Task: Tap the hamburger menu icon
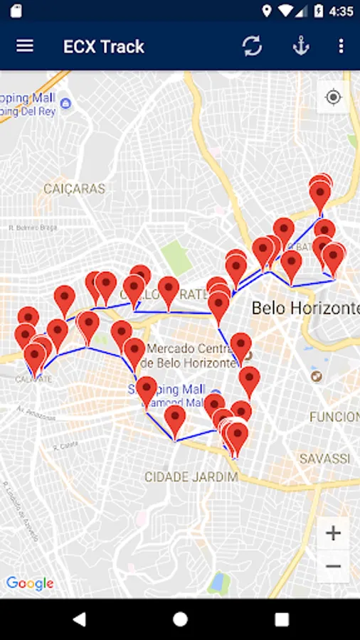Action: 25,46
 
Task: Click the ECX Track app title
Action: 104,47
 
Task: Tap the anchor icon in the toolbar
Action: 302,46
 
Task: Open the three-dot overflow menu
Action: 341,46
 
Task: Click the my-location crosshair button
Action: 333,97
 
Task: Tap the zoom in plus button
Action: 333,533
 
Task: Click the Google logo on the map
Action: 30,584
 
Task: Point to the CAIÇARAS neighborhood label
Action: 74,189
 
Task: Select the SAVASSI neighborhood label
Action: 324,459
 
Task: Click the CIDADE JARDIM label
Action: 191,476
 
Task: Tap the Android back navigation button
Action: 78,619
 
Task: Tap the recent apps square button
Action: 282,619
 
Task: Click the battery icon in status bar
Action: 319,11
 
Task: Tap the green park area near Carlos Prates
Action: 176,257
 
